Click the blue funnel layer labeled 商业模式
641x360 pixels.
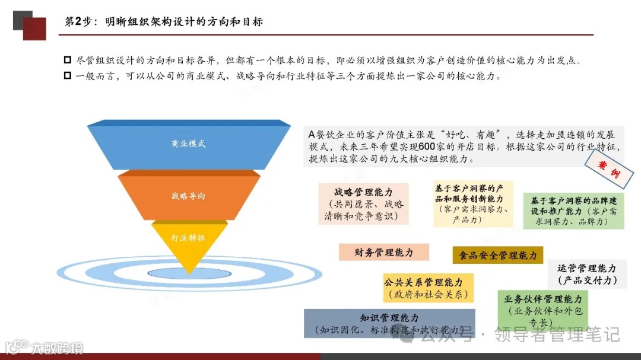tap(189, 144)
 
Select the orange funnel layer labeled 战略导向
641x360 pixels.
tap(189, 196)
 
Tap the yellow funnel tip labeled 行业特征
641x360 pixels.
tap(189, 238)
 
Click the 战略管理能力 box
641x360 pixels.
tap(363, 203)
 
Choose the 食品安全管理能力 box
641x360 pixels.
tap(497, 255)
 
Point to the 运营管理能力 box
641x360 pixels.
tap(586, 274)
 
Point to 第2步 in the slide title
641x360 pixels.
tap(77, 21)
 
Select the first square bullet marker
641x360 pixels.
tap(67, 60)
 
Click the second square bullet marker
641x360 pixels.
tap(67, 76)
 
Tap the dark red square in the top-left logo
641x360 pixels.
tap(34, 28)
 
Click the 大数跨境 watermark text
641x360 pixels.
tap(57, 347)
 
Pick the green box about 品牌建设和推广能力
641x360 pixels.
tap(573, 211)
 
